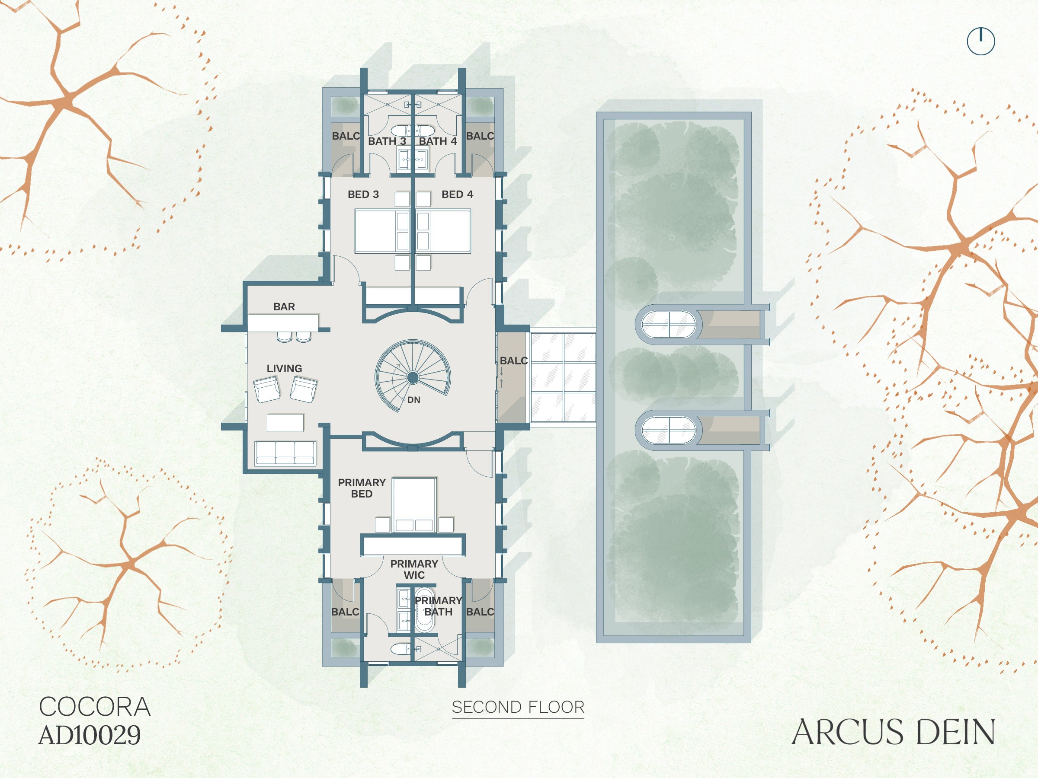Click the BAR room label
284,307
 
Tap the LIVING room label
285,369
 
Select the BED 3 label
363,194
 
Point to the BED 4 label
458,194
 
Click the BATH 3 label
387,141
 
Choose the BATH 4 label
438,141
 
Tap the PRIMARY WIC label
414,569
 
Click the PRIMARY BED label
362,488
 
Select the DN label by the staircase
414,400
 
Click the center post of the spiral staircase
413,377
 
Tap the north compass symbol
981,41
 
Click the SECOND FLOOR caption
518,707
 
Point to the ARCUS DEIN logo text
894,732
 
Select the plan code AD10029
90,735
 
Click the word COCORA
95,707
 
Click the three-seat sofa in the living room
285,453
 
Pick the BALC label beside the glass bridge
513,360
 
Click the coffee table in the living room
285,422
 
